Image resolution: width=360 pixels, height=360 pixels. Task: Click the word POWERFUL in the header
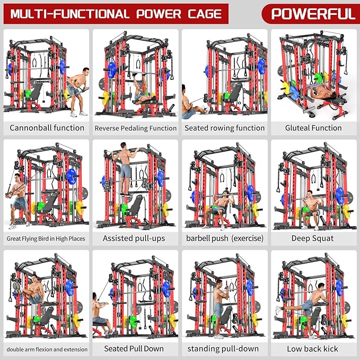(312, 13)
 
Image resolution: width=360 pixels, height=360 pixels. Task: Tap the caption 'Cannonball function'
(47, 128)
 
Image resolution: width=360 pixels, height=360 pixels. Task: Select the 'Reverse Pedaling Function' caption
(136, 128)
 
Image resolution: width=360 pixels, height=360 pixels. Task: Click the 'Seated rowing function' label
(224, 128)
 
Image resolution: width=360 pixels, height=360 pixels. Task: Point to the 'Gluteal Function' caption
(313, 128)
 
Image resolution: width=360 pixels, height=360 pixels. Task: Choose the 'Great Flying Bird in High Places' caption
(47, 239)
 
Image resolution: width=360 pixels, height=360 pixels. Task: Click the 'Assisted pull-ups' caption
(136, 238)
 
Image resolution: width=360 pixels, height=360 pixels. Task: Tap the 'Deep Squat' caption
(313, 238)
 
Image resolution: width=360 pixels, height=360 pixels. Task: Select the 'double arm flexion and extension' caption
(47, 349)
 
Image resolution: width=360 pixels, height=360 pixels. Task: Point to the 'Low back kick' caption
(313, 348)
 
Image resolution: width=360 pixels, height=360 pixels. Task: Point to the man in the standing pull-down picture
(218, 302)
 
